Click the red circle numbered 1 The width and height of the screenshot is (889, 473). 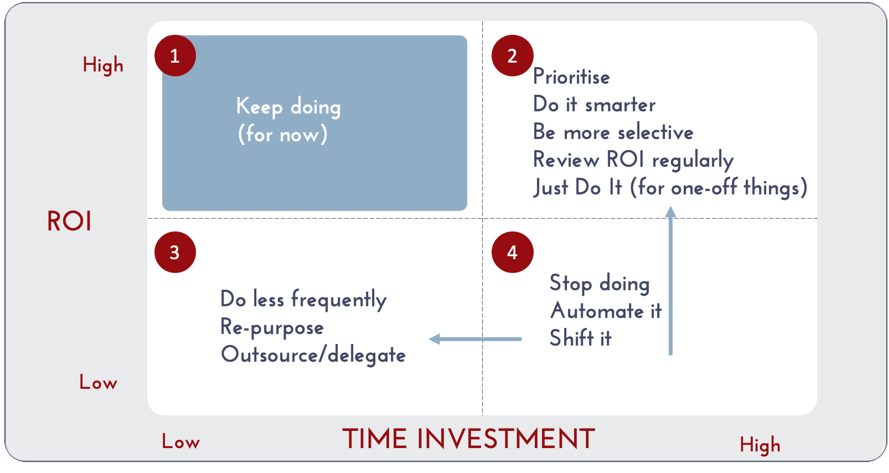pos(175,55)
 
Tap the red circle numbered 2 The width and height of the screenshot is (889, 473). pos(513,55)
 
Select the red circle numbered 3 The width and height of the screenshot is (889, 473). pos(175,252)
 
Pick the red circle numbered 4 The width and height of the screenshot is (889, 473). pos(513,252)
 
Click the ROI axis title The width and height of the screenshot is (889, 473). pos(69,221)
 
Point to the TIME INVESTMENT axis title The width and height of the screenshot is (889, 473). pos(469,439)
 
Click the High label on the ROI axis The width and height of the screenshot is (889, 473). pos(103,65)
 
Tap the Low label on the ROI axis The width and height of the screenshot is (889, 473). pos(99,382)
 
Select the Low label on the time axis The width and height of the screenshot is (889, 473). pos(180,441)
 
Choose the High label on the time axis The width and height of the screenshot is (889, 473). pos(760,445)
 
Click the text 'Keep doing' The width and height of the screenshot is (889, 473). pos(288,107)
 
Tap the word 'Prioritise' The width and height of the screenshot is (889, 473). pos(571,76)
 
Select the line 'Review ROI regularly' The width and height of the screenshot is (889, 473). pos(633,161)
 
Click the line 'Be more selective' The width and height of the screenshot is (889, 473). pos(613,132)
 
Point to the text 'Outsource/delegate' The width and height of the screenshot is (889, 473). pos(313,354)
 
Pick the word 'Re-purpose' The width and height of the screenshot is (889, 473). pos(272,328)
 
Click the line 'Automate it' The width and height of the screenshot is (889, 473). pos(606,311)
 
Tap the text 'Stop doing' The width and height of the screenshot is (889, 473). pos(599,284)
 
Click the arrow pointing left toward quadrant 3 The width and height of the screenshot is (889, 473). pos(475,339)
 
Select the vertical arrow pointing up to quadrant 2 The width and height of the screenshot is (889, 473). pos(671,280)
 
